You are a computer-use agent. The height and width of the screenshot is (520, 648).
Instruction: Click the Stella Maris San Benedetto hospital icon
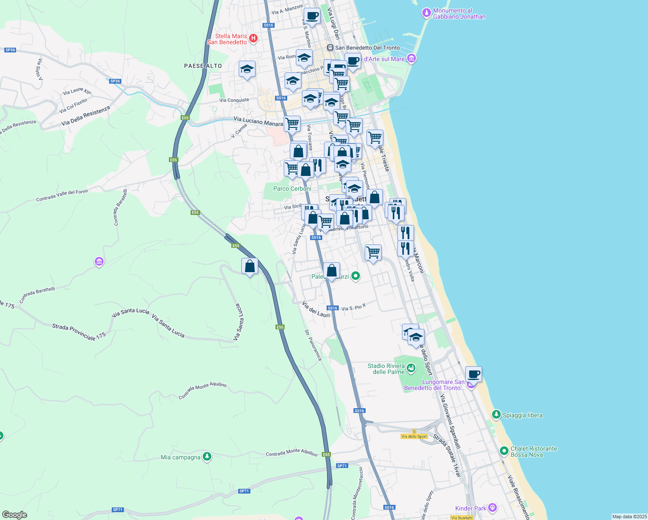254,39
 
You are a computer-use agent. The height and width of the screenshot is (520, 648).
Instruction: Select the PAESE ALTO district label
203,66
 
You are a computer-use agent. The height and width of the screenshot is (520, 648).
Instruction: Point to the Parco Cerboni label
292,188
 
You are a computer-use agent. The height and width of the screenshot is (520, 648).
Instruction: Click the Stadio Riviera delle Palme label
386,369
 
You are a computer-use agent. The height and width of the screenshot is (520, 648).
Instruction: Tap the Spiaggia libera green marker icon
496,415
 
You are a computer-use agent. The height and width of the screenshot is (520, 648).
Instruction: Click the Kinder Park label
471,508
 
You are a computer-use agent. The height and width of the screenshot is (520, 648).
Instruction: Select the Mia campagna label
181,457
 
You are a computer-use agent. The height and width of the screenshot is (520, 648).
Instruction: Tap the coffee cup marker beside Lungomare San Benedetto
473,374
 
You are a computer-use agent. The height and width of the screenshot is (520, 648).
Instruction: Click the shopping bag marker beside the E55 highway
249,266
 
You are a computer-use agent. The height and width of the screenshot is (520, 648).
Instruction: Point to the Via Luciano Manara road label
258,121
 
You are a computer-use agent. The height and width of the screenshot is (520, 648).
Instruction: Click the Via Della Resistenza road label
86,116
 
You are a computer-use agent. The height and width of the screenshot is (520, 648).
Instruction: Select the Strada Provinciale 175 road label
79,331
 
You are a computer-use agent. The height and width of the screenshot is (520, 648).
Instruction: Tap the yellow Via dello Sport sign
414,436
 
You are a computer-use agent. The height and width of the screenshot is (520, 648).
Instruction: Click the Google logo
15,514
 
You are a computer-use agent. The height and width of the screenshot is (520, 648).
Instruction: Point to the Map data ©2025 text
629,517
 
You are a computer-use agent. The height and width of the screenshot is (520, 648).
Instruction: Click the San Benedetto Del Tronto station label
367,48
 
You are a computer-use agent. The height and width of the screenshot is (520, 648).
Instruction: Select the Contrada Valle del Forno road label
62,195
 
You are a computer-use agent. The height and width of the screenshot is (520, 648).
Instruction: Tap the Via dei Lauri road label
316,309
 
